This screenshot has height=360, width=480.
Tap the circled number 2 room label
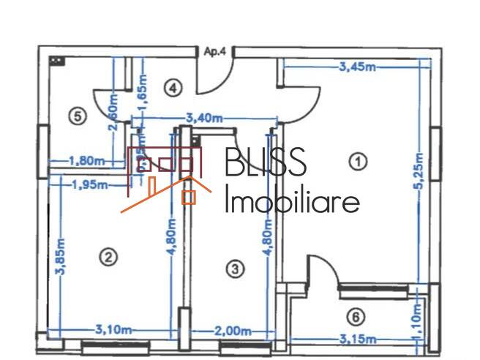(108, 257)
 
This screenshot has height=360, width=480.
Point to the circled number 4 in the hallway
(171, 89)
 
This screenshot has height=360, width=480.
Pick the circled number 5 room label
(76, 115)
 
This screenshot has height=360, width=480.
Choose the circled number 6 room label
(356, 317)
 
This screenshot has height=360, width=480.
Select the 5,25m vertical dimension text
(419, 170)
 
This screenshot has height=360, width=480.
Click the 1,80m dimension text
(86, 160)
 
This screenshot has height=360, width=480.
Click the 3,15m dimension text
(356, 339)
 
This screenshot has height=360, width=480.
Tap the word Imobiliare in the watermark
(291, 200)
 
